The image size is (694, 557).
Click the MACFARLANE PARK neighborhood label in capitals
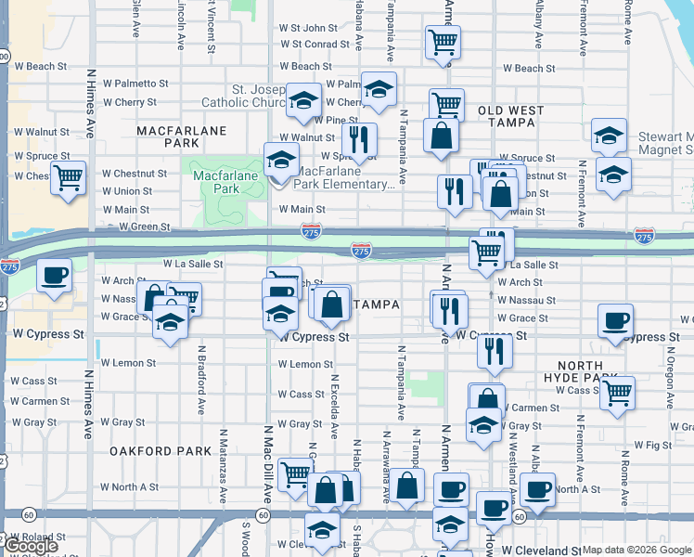[x=181, y=137]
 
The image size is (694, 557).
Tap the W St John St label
[x=315, y=29]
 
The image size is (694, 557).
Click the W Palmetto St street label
[x=136, y=84]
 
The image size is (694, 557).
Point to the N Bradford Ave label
[x=201, y=381]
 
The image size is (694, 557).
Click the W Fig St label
[x=652, y=446]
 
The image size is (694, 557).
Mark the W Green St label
[x=136, y=227]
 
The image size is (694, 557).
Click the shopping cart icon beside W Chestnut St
[x=69, y=176]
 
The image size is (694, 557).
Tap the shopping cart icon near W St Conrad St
[x=443, y=41]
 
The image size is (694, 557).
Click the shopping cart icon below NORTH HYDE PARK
[x=616, y=392]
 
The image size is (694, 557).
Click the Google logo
[x=31, y=546]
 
